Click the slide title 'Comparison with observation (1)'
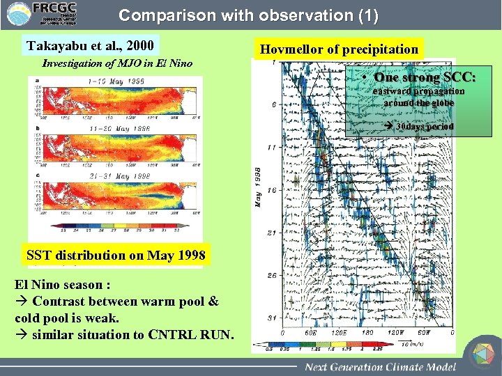249,16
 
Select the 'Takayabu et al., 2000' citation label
90,47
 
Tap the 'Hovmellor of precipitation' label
339,49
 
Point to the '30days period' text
423,127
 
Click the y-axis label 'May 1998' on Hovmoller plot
258,187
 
